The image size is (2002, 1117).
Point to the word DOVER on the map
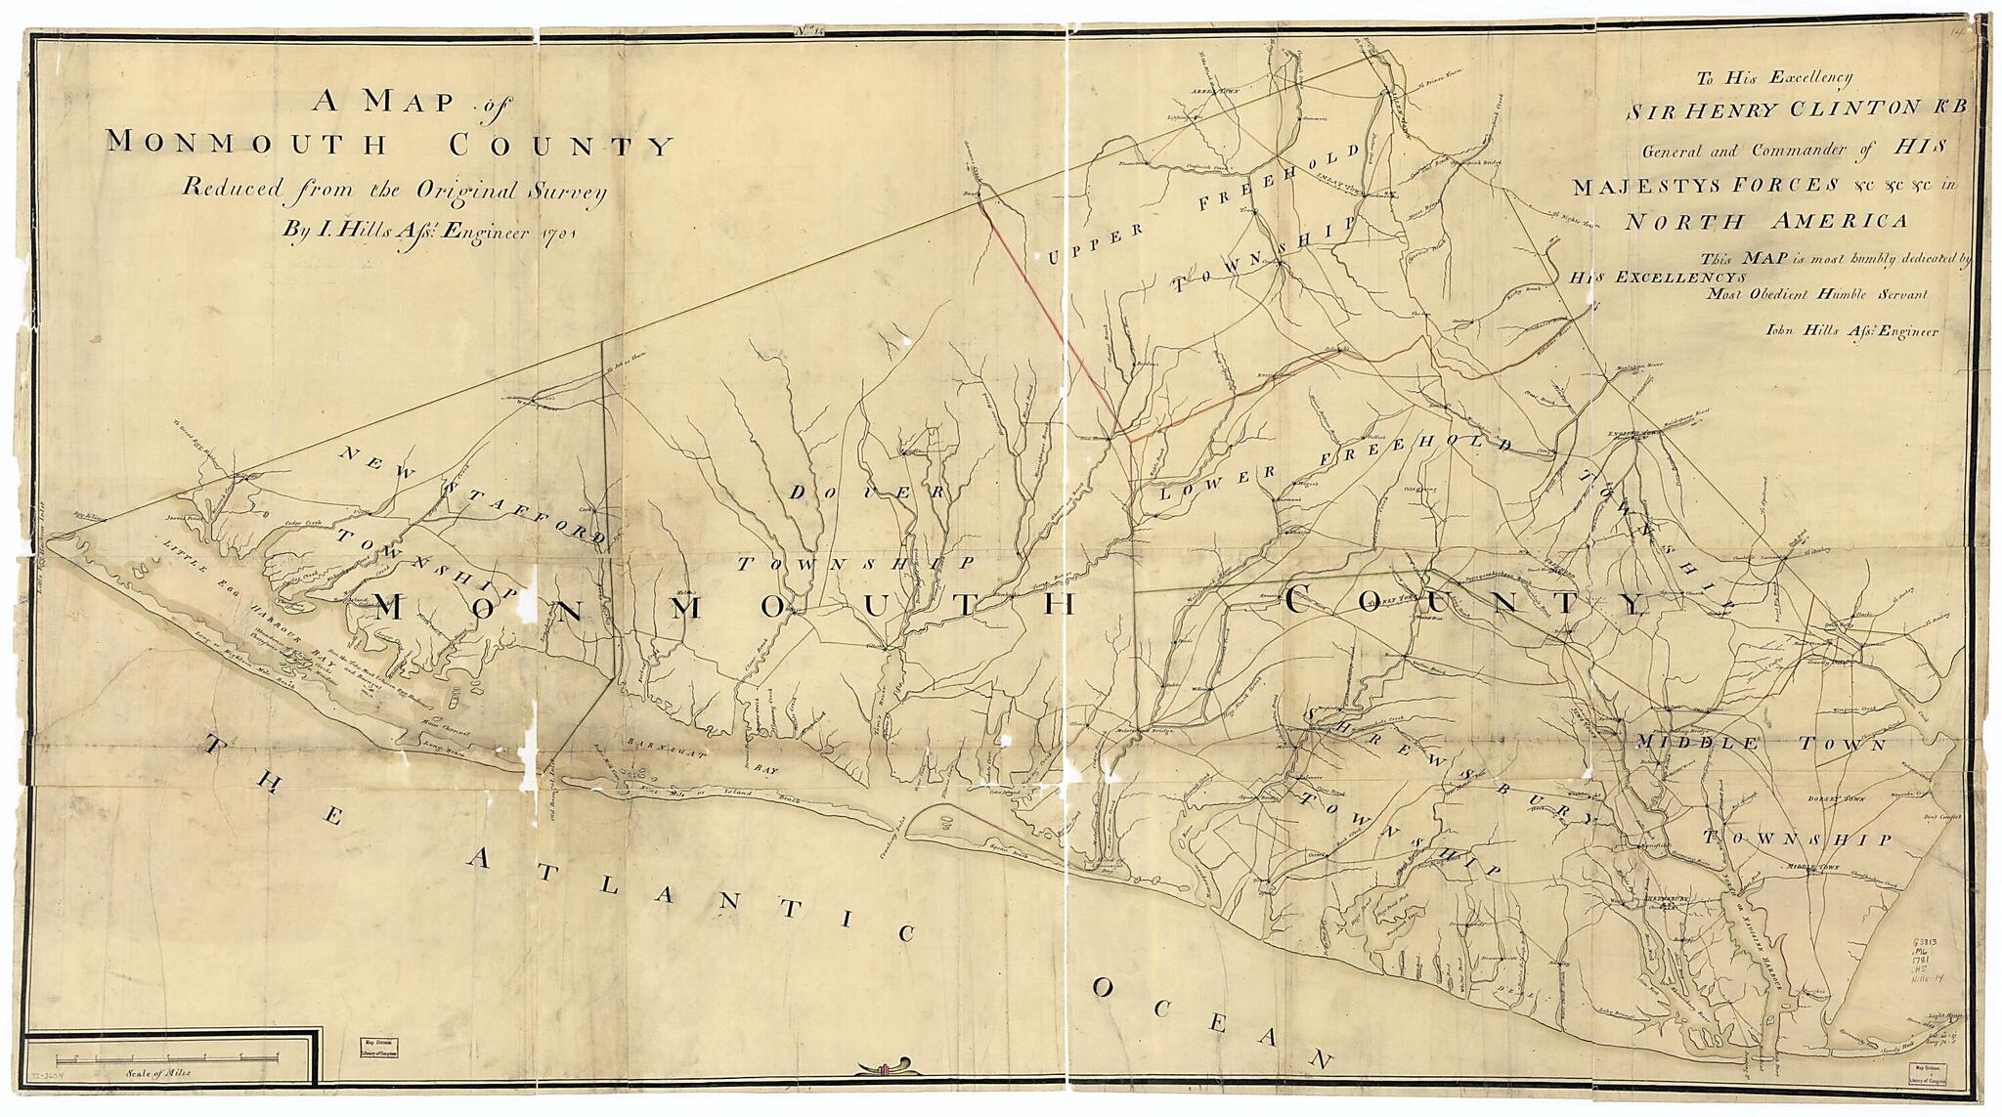pos(865,494)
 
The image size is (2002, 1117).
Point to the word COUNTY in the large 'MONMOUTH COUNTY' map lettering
pos(1466,601)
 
